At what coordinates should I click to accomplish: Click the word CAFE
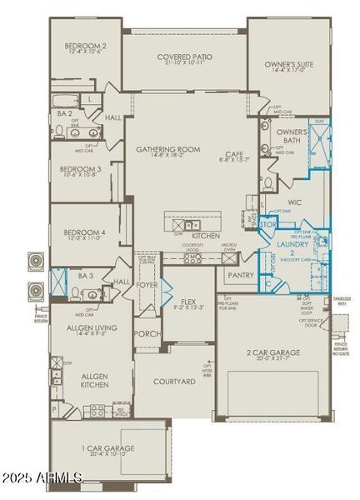tap(233, 153)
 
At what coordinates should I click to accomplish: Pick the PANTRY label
tap(240, 274)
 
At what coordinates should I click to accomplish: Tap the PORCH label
tap(147, 334)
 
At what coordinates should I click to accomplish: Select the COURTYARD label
tap(174, 382)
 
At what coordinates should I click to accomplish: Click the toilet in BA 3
tap(77, 292)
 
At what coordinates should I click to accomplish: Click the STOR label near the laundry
tap(267, 224)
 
